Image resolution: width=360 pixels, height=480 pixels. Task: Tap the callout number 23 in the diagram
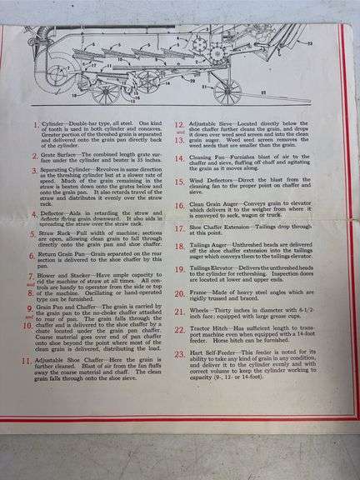pyautogui.click(x=309, y=42)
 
